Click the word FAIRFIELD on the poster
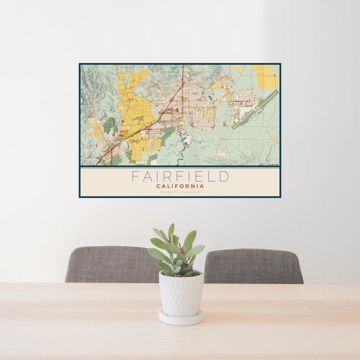(180, 176)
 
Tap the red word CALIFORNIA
(180, 186)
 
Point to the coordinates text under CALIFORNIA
(180, 192)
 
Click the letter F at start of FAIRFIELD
(135, 176)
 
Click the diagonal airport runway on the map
(255, 110)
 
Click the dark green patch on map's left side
(109, 124)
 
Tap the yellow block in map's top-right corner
(267, 77)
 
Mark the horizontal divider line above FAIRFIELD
(180, 168)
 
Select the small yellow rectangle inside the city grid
(207, 112)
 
